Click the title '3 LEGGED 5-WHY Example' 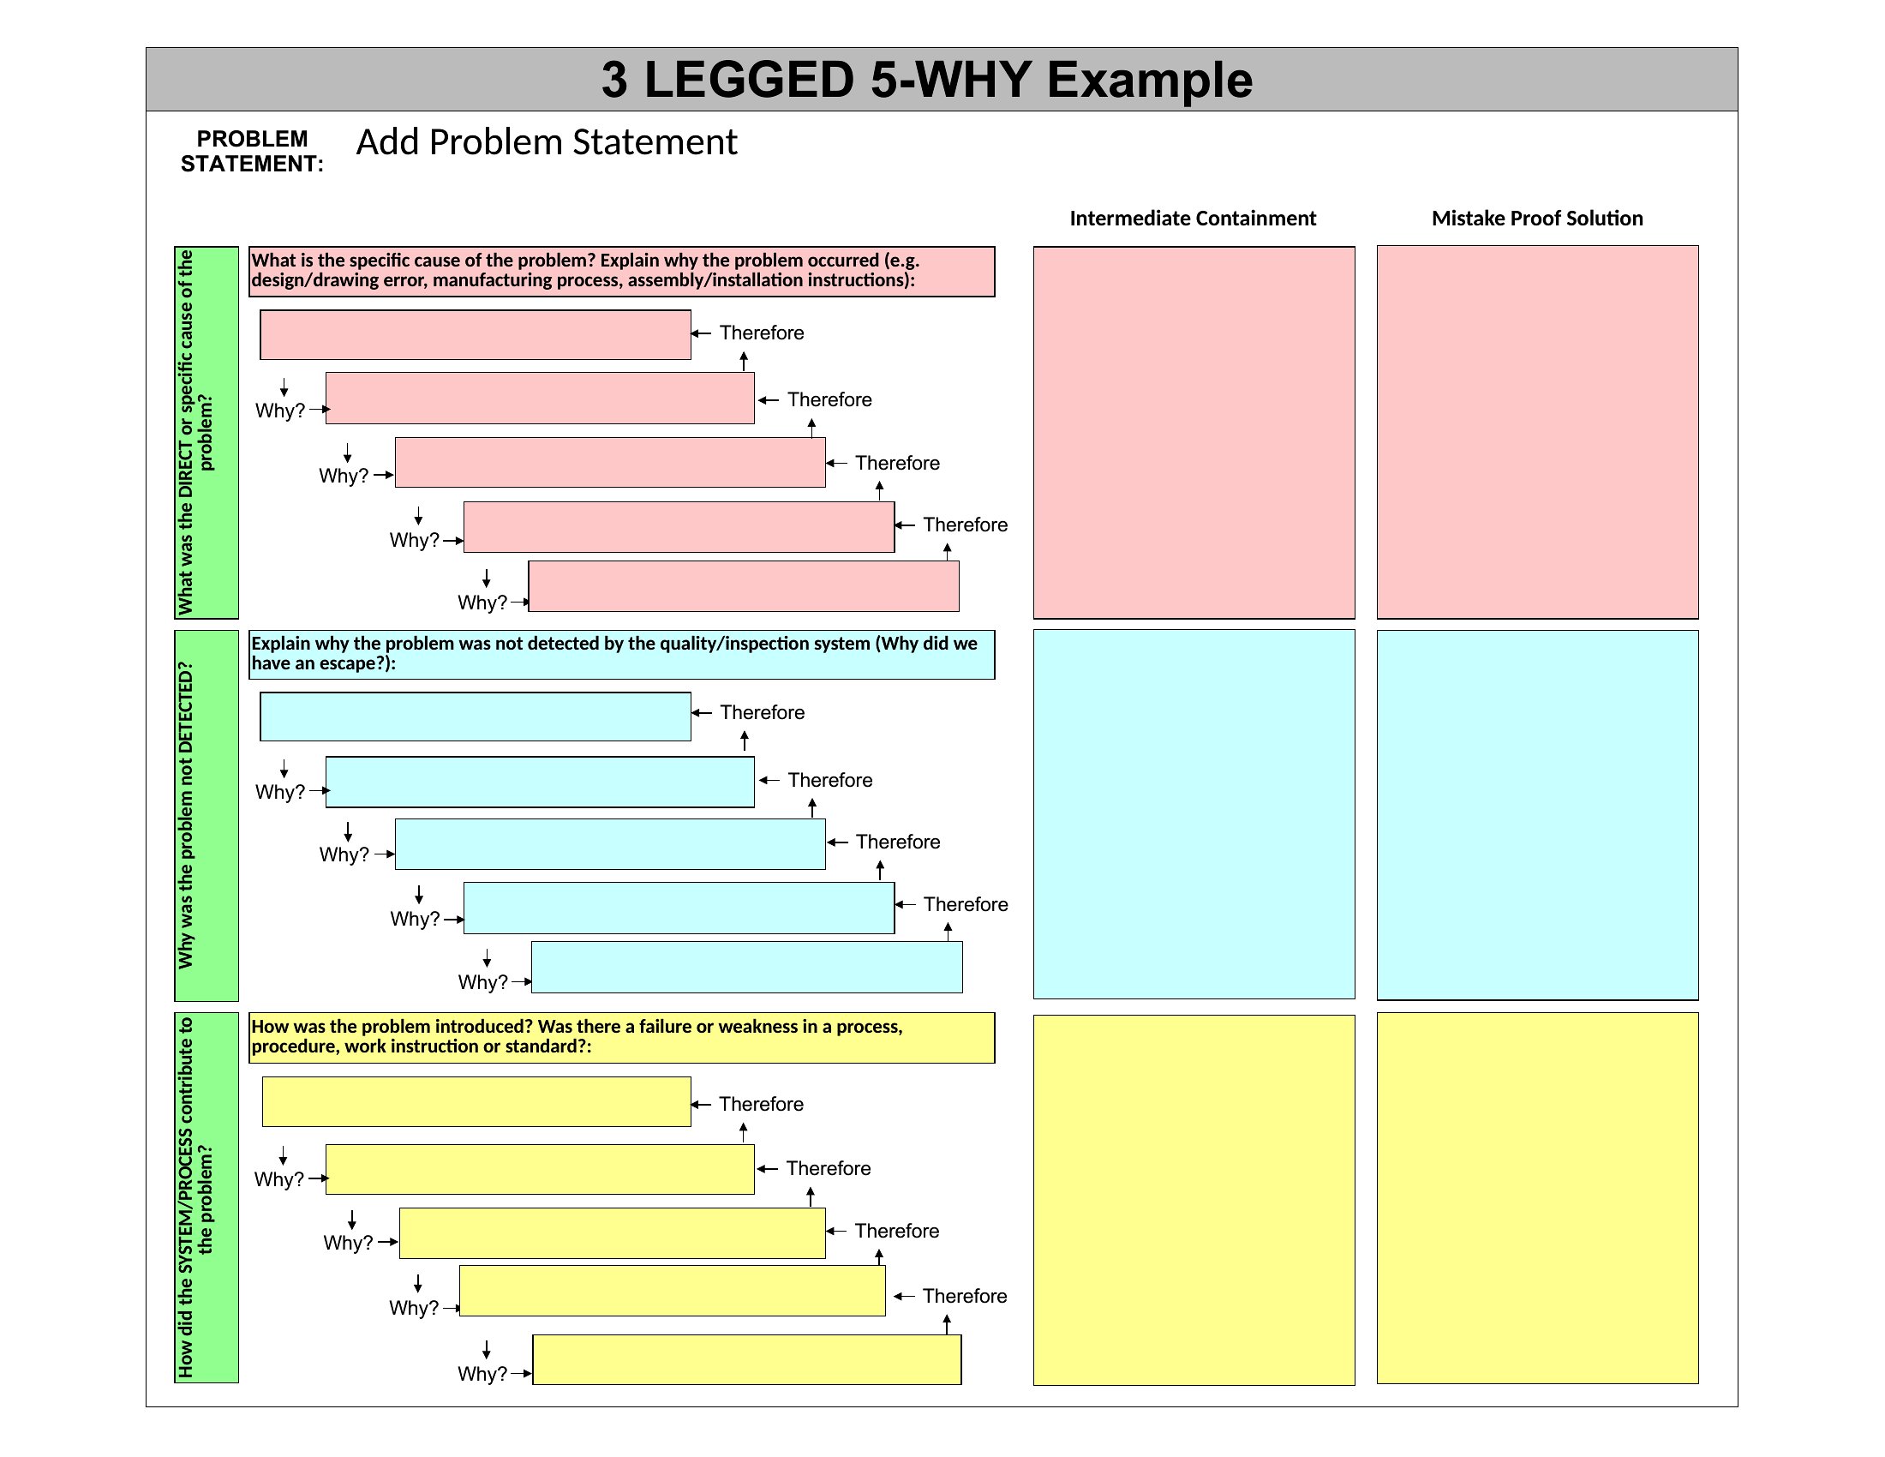[926, 80]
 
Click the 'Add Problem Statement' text [547, 142]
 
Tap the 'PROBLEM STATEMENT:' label [251, 151]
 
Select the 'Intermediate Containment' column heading [1193, 219]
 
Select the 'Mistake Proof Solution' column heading [1537, 219]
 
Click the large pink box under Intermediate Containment [1194, 433]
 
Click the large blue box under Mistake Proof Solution [1537, 815]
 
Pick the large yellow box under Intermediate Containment [1194, 1200]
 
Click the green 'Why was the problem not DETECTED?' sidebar [206, 816]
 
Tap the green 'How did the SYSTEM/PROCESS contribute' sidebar [206, 1198]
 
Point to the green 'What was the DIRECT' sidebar [206, 433]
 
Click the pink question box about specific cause [621, 272]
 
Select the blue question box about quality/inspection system [621, 654]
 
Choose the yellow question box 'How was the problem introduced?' [621, 1038]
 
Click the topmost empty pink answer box [476, 335]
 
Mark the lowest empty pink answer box [744, 586]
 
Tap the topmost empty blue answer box [476, 717]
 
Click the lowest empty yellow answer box [747, 1359]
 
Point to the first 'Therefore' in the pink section [761, 333]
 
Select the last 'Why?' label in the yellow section [482, 1373]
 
